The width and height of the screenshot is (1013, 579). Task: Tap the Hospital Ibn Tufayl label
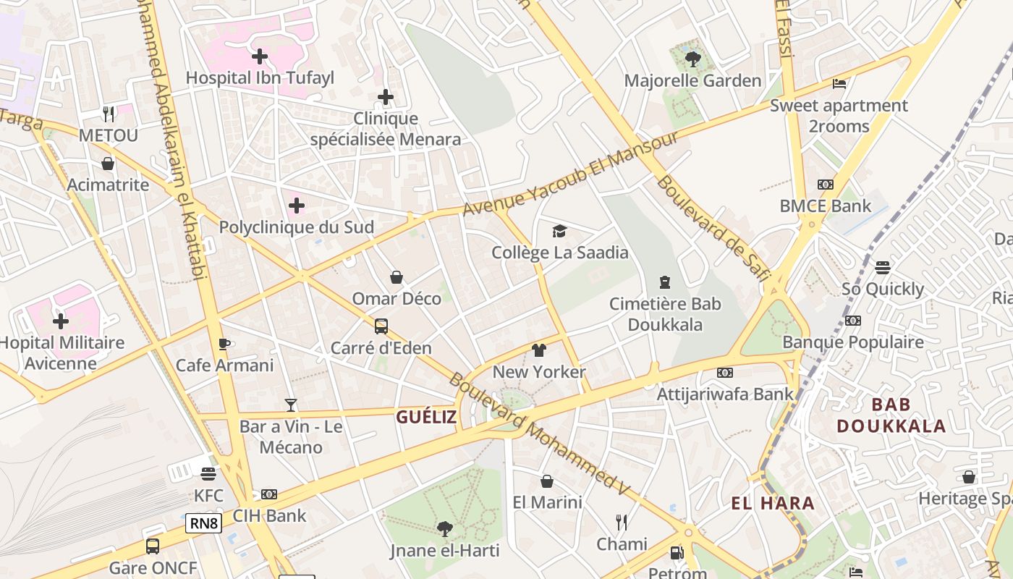(x=260, y=78)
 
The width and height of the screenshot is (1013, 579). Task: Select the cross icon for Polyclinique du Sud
(x=296, y=206)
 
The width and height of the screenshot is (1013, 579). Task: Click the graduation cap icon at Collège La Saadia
(x=559, y=232)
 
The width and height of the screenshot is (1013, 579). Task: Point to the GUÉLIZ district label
(x=426, y=417)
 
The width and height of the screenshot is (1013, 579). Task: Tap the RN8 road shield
(x=203, y=523)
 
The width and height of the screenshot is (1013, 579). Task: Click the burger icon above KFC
(x=208, y=475)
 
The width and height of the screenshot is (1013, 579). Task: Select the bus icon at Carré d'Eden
(x=381, y=326)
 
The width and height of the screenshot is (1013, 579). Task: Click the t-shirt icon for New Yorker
(x=538, y=351)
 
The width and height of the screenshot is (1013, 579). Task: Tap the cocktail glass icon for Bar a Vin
(x=291, y=405)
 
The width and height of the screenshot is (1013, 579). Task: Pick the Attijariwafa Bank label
(x=724, y=394)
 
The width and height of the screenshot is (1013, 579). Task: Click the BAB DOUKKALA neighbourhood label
(x=891, y=415)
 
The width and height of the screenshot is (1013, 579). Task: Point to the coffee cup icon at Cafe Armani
(x=224, y=345)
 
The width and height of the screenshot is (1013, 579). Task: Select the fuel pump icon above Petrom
(x=677, y=553)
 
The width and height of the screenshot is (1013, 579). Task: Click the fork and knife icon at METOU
(x=109, y=114)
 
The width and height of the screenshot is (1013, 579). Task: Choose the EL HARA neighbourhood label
(x=773, y=504)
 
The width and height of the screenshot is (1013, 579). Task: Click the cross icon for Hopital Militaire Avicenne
(x=61, y=321)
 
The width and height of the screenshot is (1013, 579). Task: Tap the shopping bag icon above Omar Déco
(x=397, y=277)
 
